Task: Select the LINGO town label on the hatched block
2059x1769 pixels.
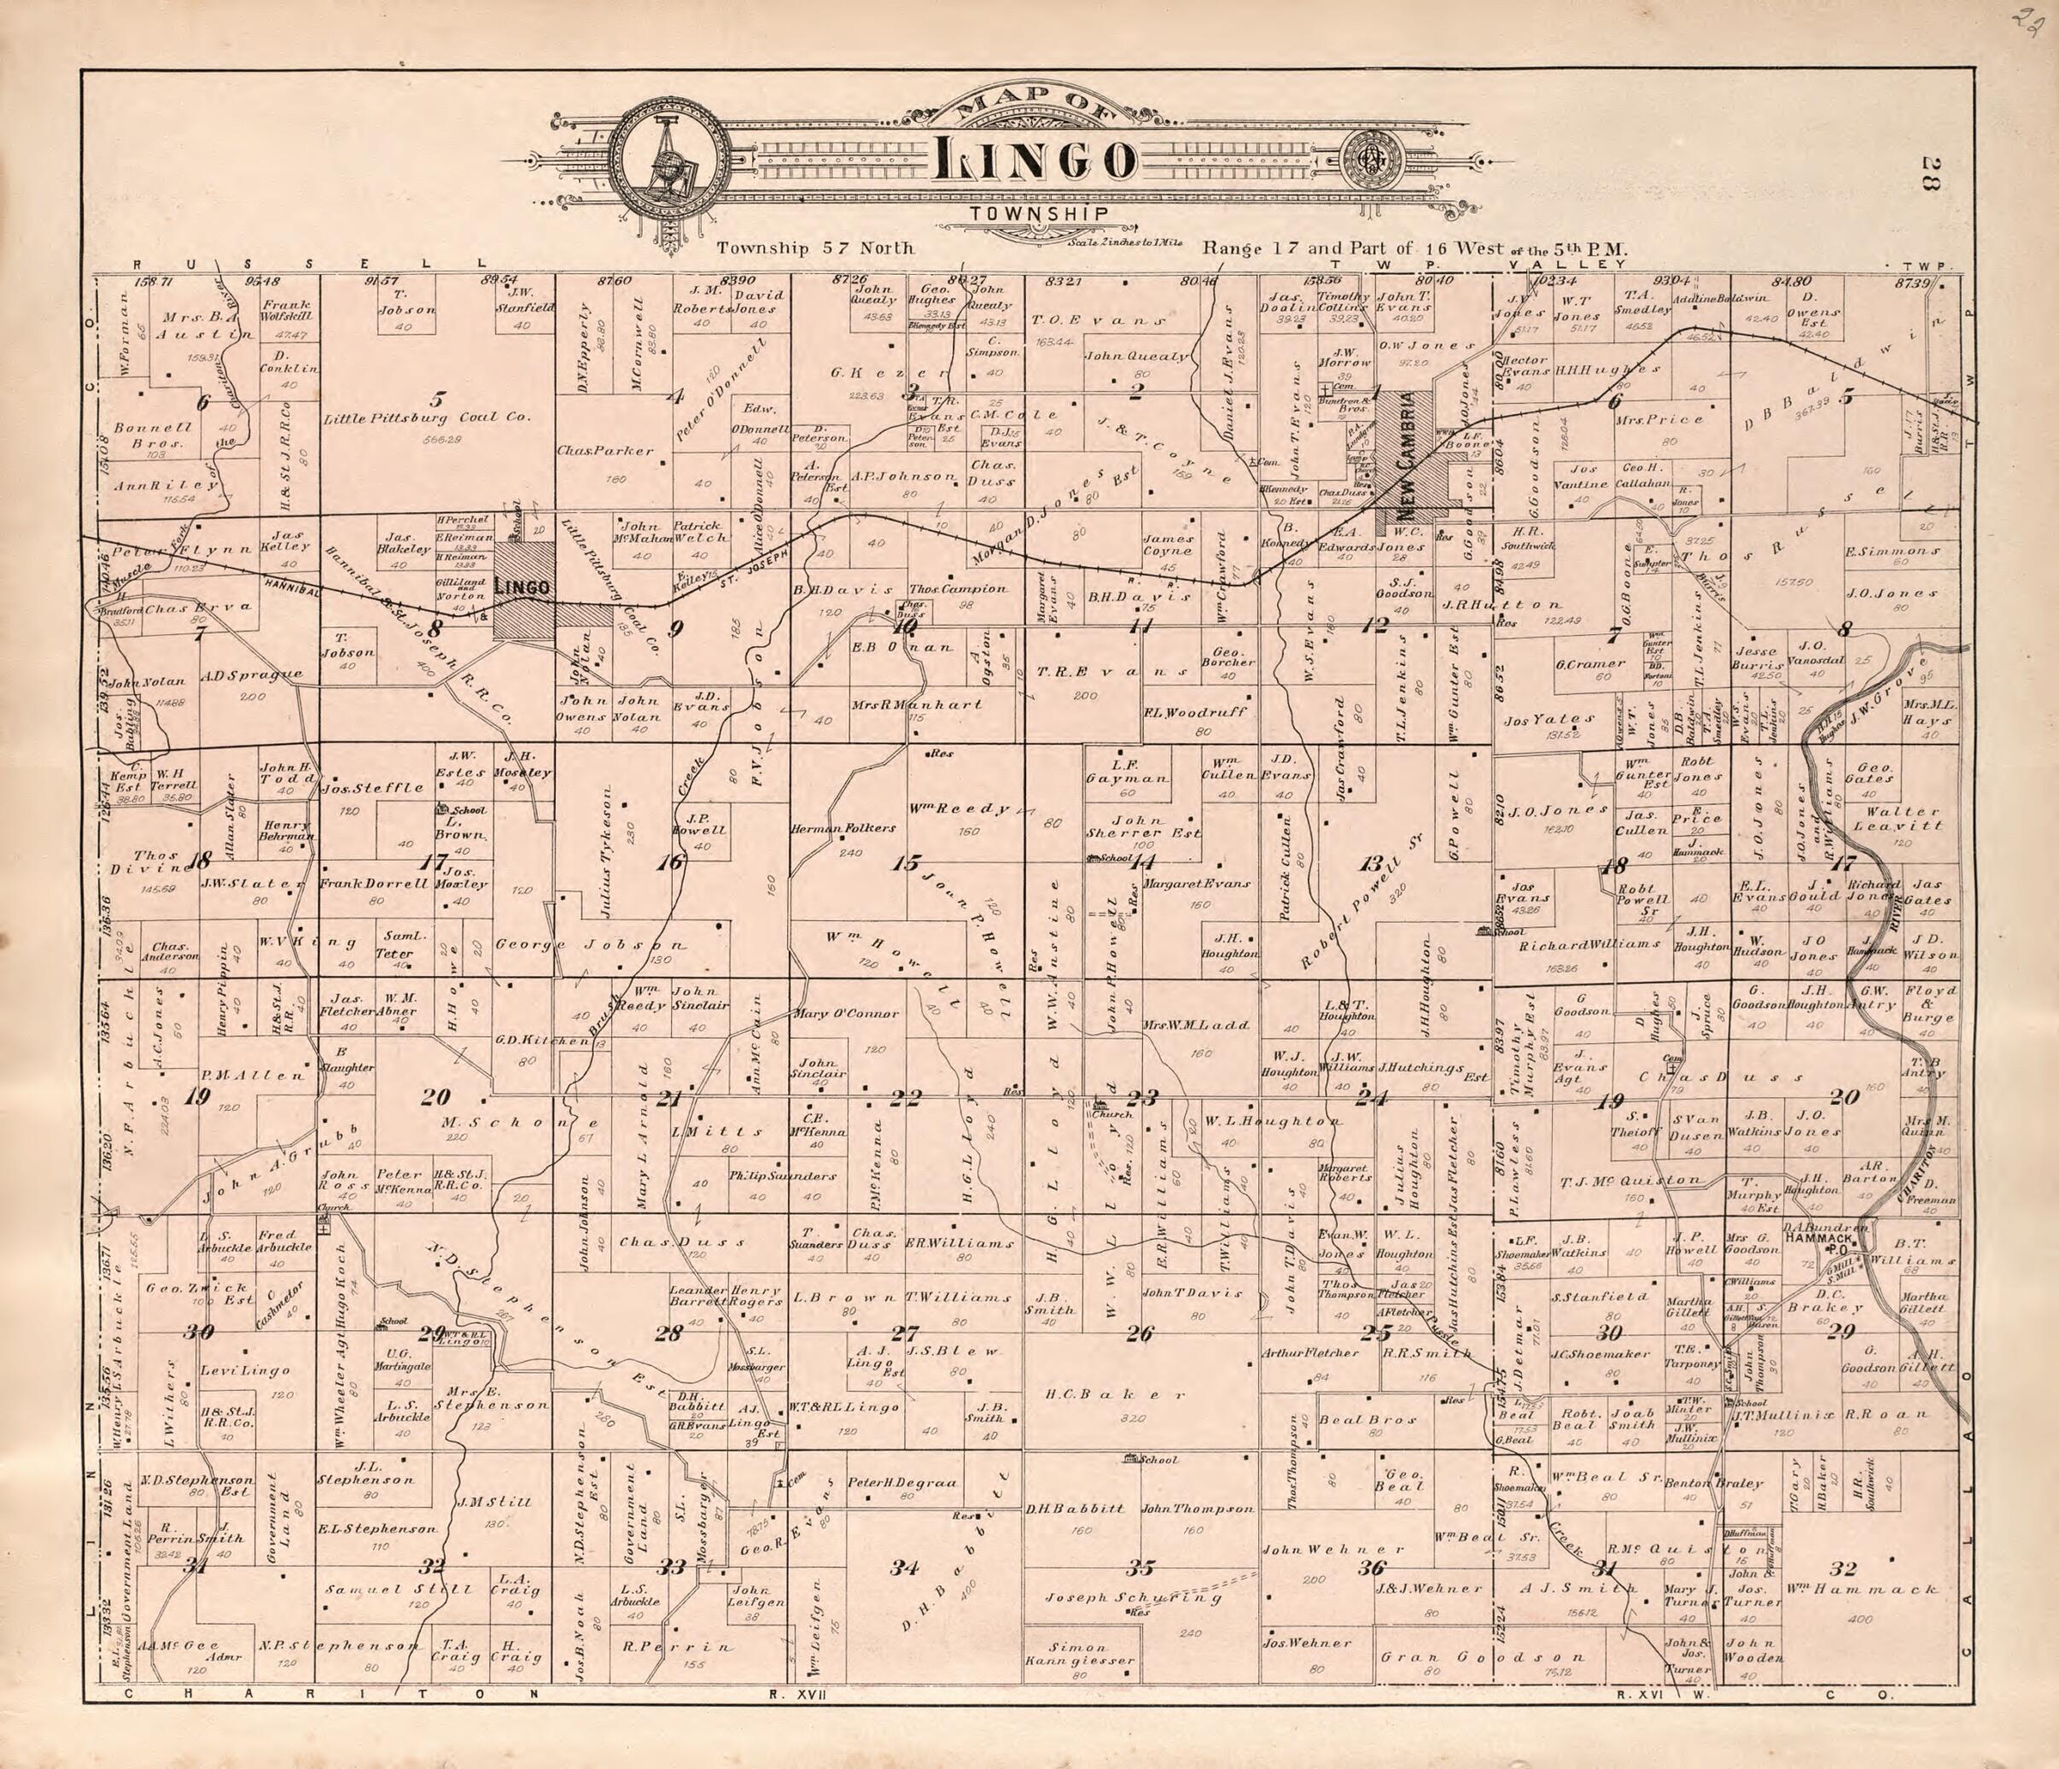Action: pyautogui.click(x=522, y=587)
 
